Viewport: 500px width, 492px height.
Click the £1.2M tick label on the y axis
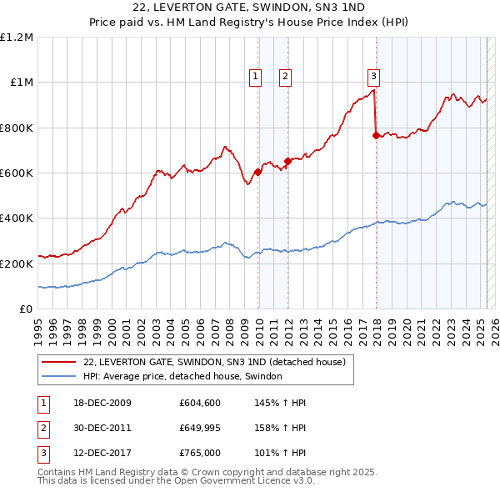coord(17,38)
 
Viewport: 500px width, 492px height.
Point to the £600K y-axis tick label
coord(17,173)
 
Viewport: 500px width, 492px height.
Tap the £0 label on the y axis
coord(27,309)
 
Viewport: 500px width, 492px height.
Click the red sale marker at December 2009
coord(257,172)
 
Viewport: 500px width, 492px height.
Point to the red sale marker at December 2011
coord(287,161)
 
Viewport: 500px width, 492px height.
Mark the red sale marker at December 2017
coord(376,135)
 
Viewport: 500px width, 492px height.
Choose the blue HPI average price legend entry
coord(182,376)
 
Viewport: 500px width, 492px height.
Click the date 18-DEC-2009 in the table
coord(103,402)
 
